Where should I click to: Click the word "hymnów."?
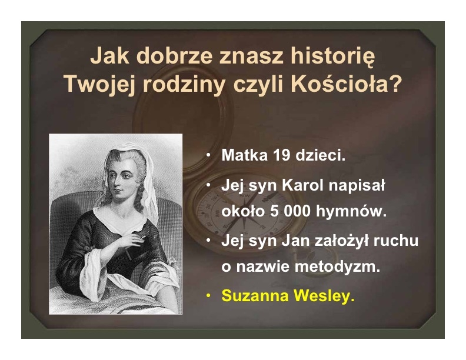[351, 211]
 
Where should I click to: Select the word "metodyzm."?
[338, 266]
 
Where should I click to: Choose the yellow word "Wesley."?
[324, 295]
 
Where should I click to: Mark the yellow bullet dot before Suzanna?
[209, 295]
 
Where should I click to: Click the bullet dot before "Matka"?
[209, 155]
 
